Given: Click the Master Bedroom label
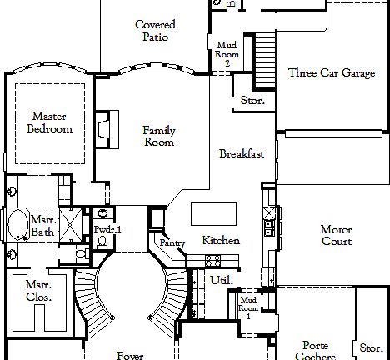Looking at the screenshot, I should [x=49, y=122].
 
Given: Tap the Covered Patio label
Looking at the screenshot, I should [x=155, y=31].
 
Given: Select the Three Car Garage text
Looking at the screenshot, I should [x=331, y=73].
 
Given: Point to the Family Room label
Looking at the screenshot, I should [x=158, y=136].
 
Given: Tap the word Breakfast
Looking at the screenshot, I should [x=242, y=153].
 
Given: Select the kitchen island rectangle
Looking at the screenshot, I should [x=213, y=213].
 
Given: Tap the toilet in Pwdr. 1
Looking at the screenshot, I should [x=102, y=242].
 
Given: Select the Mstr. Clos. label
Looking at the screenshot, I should [x=38, y=291].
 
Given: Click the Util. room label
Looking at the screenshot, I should [x=221, y=280].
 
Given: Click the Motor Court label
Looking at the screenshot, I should [x=337, y=235].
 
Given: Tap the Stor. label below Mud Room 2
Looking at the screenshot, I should [x=252, y=101].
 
